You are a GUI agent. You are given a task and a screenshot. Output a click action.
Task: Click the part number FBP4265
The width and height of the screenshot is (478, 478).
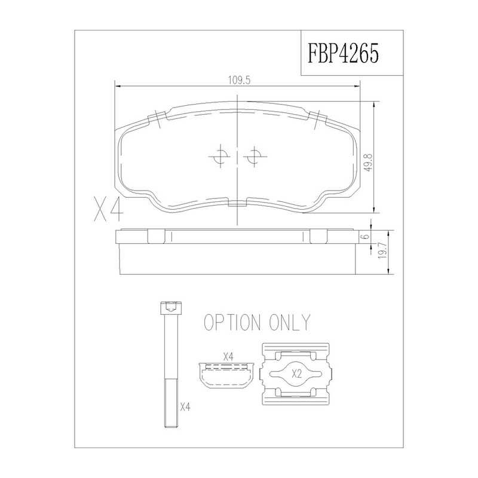[343, 53]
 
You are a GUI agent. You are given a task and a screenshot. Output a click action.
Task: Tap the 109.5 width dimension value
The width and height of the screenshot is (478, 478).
[239, 80]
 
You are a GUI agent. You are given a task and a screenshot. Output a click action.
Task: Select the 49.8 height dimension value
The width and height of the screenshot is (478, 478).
[369, 162]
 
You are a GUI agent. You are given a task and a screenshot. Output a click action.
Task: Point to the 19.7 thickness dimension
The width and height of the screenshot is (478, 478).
[382, 251]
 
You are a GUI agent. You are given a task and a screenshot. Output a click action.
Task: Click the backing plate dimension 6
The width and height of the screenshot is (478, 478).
[366, 236]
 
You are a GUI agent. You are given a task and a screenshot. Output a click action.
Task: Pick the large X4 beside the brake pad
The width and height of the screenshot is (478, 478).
[109, 210]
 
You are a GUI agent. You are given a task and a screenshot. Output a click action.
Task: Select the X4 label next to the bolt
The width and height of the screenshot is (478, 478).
[185, 407]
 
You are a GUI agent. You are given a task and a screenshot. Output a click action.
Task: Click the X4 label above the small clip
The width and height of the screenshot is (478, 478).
[228, 356]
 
